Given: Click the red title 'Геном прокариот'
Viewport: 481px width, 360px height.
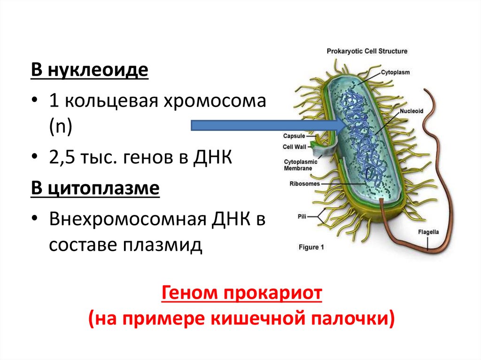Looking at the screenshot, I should pyautogui.click(x=242, y=294).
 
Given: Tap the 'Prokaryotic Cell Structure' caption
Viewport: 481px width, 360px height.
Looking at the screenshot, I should pyautogui.click(x=367, y=51).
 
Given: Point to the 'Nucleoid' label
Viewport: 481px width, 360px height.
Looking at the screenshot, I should pyautogui.click(x=412, y=111).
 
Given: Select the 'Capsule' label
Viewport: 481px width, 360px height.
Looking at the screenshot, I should pyautogui.click(x=294, y=136).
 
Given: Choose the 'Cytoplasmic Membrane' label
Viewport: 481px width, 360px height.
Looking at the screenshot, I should pyautogui.click(x=300, y=164).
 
